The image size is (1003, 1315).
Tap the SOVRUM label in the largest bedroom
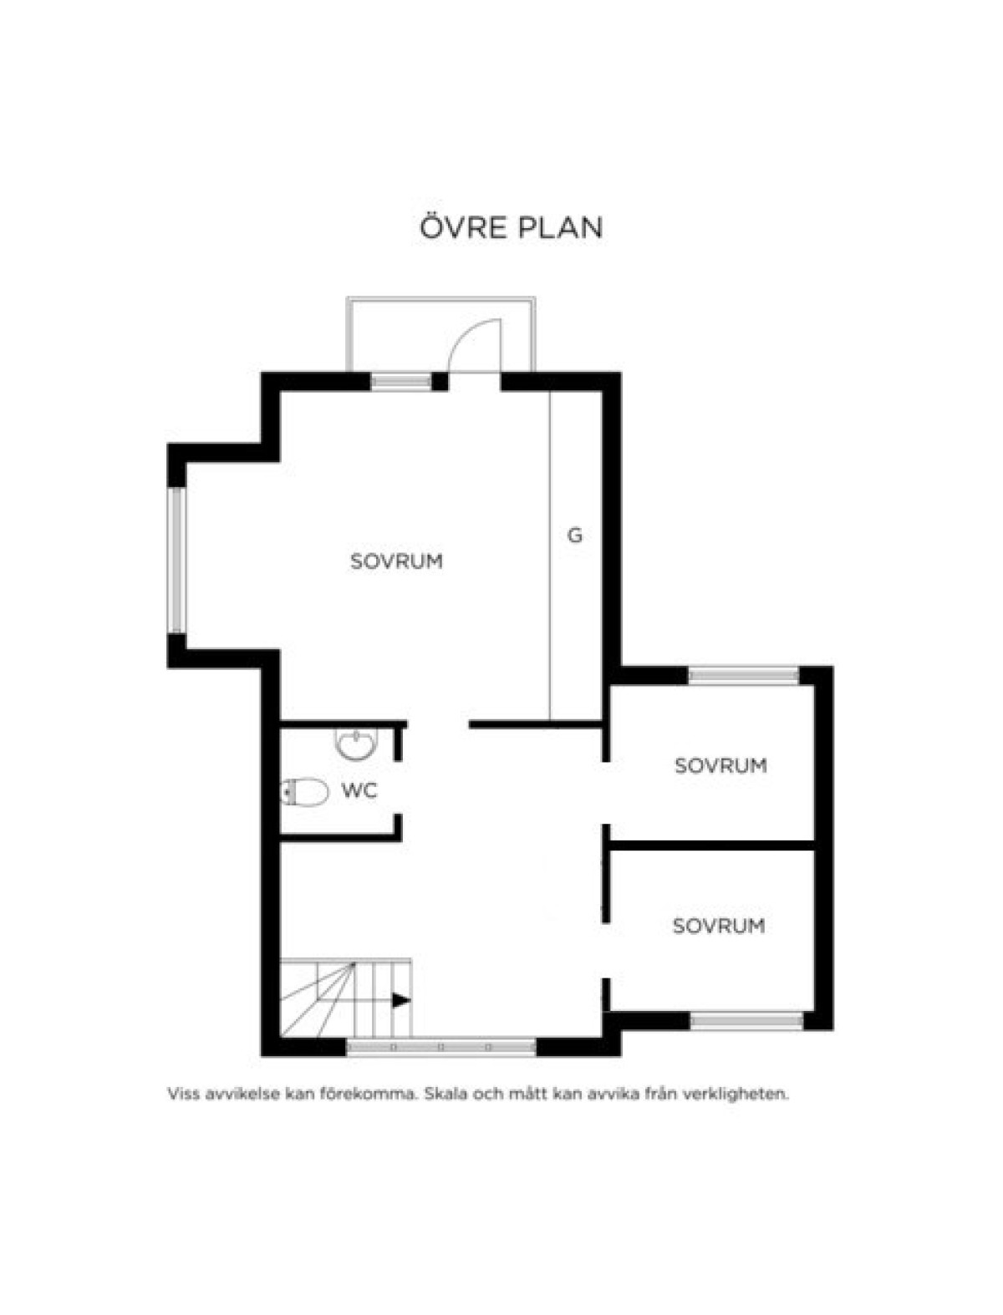(x=397, y=561)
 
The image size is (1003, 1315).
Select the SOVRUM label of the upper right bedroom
(x=720, y=765)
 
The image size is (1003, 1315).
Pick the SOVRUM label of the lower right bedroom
(x=719, y=926)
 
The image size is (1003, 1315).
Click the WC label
(x=359, y=791)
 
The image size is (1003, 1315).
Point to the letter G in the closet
(x=574, y=535)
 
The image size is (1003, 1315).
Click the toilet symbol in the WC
(x=304, y=792)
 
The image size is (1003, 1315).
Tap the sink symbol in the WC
(x=355, y=744)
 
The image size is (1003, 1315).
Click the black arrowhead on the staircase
(x=401, y=1000)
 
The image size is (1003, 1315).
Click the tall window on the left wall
(x=176, y=560)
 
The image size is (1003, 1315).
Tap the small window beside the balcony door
(x=401, y=382)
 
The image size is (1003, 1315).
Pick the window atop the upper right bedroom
(x=743, y=675)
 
